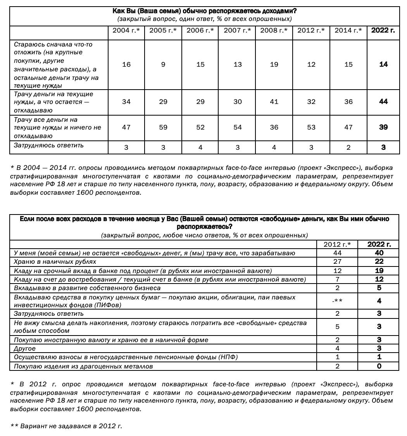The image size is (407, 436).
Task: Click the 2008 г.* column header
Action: [x=274, y=30]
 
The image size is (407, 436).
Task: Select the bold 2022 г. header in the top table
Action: [x=383, y=30]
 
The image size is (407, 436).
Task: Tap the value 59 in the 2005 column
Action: [x=163, y=127]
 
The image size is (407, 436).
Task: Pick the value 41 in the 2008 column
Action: [x=274, y=102]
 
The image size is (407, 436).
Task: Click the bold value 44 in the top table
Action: [x=383, y=102]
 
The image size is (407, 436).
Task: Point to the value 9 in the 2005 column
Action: [x=163, y=64]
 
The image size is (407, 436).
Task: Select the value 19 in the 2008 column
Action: [x=274, y=64]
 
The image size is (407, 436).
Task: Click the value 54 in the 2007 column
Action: [x=238, y=127]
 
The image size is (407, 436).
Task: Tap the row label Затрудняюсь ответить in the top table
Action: [x=49, y=145]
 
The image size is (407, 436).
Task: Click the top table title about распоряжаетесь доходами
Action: [x=204, y=11]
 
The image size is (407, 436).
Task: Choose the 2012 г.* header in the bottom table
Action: [x=337, y=244]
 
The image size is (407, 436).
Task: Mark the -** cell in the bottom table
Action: [x=337, y=301]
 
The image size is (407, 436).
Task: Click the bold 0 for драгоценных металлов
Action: [x=379, y=366]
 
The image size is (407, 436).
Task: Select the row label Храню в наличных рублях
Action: [x=49, y=262]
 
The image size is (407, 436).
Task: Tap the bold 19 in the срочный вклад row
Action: [x=379, y=271]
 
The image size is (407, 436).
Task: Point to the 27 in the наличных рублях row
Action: [x=337, y=262]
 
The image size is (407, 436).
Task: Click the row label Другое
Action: [x=25, y=348]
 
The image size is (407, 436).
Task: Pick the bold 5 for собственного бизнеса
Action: [x=379, y=288]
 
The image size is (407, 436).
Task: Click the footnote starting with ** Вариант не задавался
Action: [x=66, y=426]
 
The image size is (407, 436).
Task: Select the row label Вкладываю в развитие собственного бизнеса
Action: [x=87, y=288]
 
